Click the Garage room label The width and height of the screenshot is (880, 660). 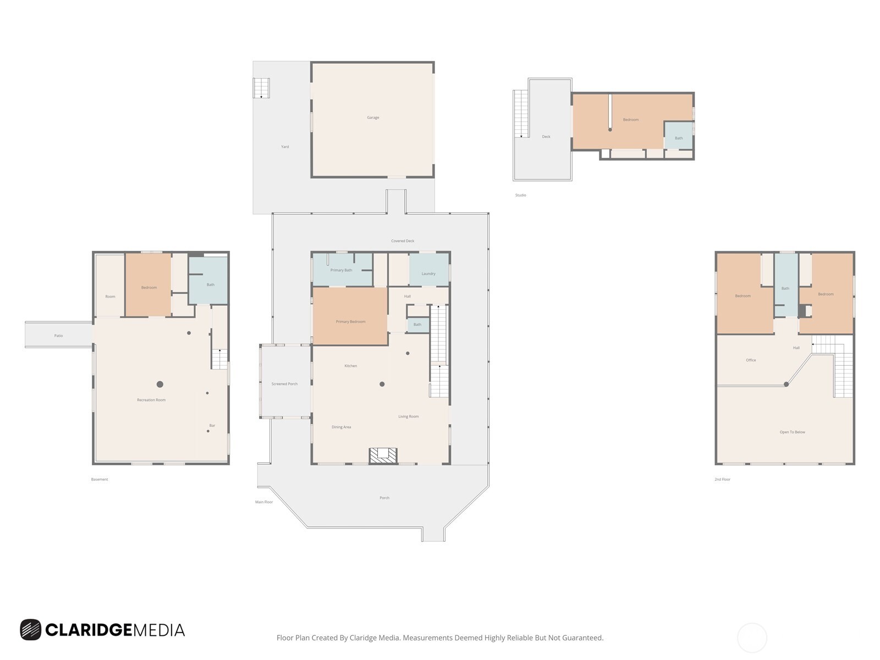click(x=373, y=117)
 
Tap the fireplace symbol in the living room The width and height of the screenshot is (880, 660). click(x=383, y=455)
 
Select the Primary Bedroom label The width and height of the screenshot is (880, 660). click(x=350, y=321)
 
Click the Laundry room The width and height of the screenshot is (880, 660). click(x=428, y=273)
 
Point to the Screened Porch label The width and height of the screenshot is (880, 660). click(x=284, y=384)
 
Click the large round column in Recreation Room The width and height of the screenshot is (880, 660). click(x=159, y=384)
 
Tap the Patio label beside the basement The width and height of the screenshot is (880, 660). click(x=58, y=335)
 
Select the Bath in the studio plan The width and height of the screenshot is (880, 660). click(x=679, y=138)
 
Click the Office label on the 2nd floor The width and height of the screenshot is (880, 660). click(x=751, y=360)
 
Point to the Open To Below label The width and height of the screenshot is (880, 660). click(x=792, y=432)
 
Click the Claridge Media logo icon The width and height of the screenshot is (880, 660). click(x=31, y=630)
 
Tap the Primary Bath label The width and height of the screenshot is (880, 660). click(x=341, y=270)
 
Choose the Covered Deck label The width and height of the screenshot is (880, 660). click(x=403, y=241)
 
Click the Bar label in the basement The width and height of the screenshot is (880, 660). click(x=212, y=425)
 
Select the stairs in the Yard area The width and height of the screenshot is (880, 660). click(x=261, y=88)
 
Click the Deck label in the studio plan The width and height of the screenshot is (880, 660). click(x=546, y=136)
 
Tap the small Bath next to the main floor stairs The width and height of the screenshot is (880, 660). click(x=417, y=324)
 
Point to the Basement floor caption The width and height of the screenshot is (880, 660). click(x=100, y=479)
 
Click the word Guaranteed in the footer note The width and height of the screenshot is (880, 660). click(x=582, y=638)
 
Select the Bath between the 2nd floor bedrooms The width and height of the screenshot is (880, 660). click(x=785, y=288)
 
